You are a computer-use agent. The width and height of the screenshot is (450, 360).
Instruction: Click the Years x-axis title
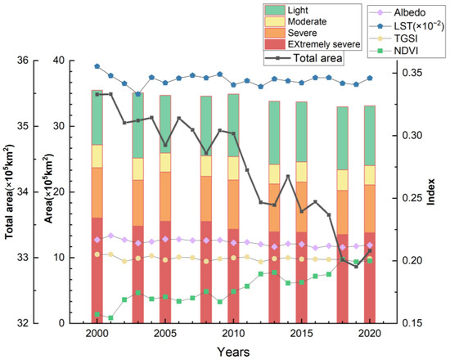click(x=234, y=350)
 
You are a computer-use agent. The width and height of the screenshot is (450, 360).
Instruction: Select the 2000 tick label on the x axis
click(x=97, y=335)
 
